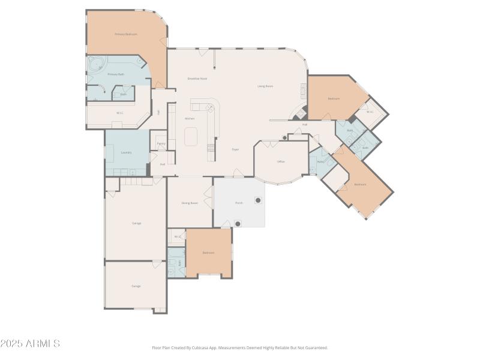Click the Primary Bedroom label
[126, 34]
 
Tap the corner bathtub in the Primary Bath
[96, 64]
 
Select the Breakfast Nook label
[197, 79]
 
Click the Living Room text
[265, 86]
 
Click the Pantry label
[161, 143]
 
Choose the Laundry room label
[126, 152]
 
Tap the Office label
[280, 162]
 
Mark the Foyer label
[235, 149]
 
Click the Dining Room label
[190, 203]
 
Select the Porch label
[238, 203]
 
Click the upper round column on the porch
[258, 200]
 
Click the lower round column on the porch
[238, 224]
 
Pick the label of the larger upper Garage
[136, 223]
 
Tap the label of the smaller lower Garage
[136, 286]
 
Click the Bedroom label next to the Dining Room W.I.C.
[208, 253]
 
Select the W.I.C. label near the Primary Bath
[119, 112]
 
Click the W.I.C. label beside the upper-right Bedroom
[370, 112]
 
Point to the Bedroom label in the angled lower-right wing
[360, 184]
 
